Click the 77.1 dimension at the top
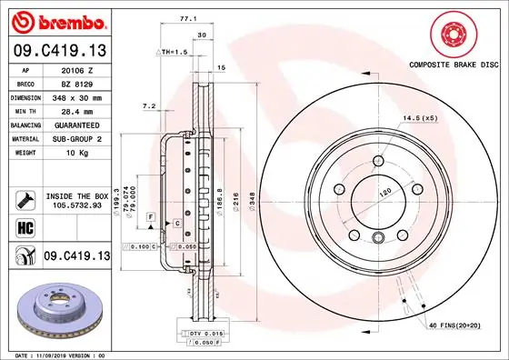185,17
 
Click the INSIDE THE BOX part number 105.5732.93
78,205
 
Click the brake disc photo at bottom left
56,311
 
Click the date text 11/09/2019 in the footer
60,354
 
